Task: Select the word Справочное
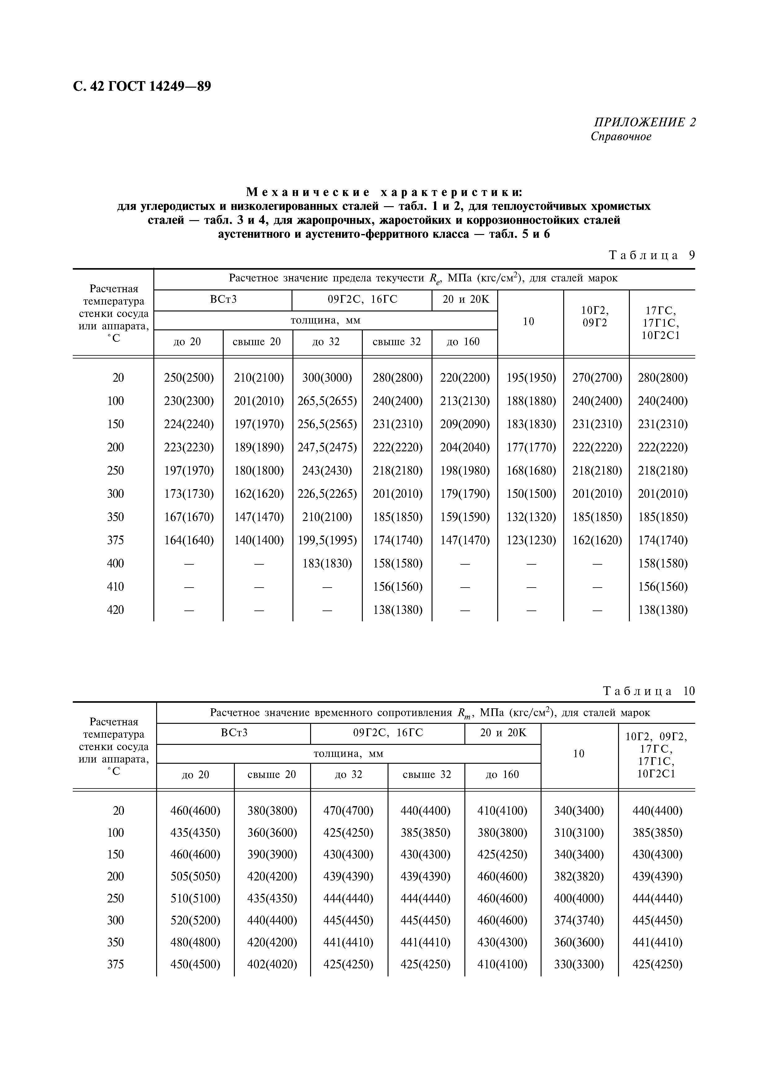[621, 137]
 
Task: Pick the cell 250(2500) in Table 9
[188, 378]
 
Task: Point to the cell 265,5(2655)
[327, 401]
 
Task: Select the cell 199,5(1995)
[327, 540]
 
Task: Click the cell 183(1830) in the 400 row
[327, 563]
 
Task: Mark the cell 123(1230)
[531, 540]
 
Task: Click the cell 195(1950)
[531, 378]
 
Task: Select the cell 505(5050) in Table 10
[195, 876]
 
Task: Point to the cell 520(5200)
[195, 920]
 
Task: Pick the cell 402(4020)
[272, 964]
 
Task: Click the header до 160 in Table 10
[502, 774]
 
